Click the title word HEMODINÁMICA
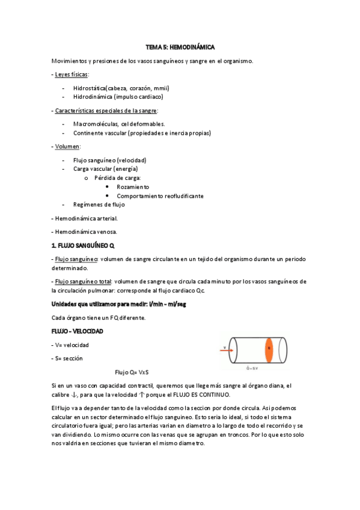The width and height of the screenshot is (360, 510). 194,47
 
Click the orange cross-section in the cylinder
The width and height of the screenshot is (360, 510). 269,348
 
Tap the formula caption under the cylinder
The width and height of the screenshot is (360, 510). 252,368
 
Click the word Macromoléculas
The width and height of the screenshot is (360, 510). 96,124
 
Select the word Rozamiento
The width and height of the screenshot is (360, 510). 133,187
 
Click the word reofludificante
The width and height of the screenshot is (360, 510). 179,196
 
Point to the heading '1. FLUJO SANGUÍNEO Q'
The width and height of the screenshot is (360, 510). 83,245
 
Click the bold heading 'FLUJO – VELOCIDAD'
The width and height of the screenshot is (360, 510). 77,332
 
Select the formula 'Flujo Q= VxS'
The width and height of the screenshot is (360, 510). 132,372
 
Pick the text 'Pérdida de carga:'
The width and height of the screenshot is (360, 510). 118,178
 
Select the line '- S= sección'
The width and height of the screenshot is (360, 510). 67,358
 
